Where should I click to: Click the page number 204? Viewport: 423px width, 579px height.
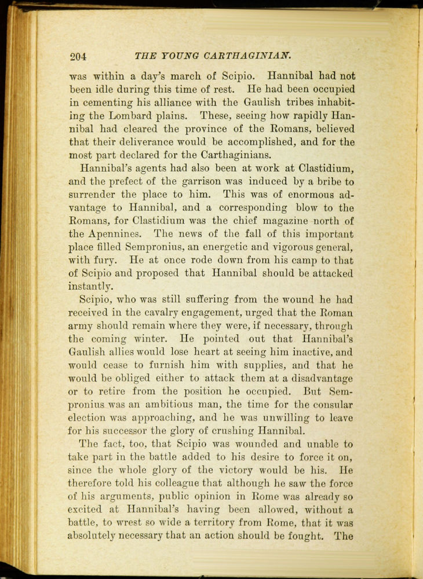click(x=78, y=56)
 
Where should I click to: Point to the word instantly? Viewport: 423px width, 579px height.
click(x=90, y=287)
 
